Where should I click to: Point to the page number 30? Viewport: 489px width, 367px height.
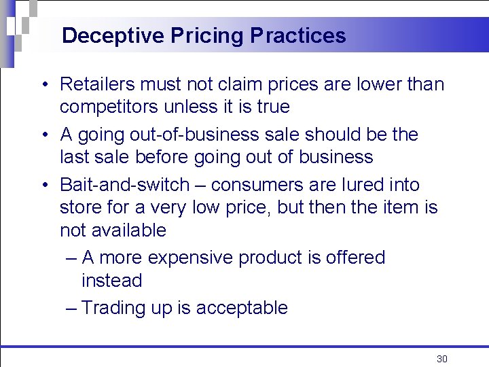[442, 359]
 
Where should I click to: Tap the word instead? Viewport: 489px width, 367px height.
[112, 281]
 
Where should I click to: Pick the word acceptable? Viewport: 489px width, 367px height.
[242, 308]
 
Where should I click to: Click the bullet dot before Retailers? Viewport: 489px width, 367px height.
[43, 85]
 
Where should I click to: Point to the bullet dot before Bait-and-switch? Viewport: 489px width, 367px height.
[43, 186]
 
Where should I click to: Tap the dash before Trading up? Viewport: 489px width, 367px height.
[71, 308]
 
